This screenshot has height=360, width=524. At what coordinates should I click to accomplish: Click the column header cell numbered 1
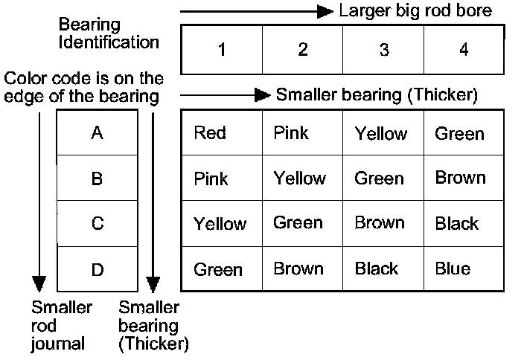(x=222, y=50)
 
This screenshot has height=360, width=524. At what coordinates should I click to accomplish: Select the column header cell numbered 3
(x=383, y=50)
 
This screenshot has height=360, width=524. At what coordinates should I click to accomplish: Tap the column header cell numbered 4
(x=464, y=50)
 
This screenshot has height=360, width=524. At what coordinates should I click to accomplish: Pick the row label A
(x=98, y=133)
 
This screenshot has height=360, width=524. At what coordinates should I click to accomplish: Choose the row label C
(x=98, y=224)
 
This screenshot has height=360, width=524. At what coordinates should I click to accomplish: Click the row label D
(x=98, y=269)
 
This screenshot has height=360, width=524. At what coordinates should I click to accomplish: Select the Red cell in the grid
(x=210, y=133)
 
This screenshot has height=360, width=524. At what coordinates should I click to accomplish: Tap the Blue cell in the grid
(x=453, y=269)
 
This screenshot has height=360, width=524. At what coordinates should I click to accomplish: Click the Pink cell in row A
(x=291, y=133)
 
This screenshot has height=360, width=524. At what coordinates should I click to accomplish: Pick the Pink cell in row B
(x=211, y=179)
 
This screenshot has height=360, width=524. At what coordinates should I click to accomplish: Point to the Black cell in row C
(x=457, y=223)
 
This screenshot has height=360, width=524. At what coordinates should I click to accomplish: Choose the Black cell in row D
(x=377, y=269)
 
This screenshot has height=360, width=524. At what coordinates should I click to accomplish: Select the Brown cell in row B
(x=460, y=178)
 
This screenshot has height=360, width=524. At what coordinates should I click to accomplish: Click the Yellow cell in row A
(x=381, y=134)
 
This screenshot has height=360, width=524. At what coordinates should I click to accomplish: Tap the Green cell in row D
(x=218, y=269)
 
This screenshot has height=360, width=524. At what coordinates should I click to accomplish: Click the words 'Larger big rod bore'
(x=415, y=11)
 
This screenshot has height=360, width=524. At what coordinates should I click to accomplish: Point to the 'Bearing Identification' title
(x=109, y=33)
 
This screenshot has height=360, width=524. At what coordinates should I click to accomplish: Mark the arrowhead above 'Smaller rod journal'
(x=39, y=284)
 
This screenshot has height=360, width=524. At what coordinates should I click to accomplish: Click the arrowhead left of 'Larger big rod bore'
(x=325, y=12)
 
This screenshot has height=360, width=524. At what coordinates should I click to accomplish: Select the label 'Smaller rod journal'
(x=61, y=326)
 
